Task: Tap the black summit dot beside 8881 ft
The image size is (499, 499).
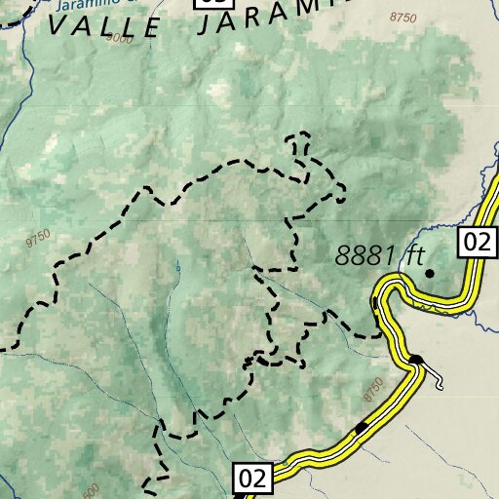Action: pos(429,274)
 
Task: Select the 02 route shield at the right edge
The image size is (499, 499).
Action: pos(477,242)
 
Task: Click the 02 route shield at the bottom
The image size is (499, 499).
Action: pos(251,479)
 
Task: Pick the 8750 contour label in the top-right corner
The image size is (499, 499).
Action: pos(402,18)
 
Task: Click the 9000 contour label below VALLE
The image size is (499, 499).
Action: pos(122,38)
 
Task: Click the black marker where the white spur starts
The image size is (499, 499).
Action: pos(416,361)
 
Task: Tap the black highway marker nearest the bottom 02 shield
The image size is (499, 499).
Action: pos(362,427)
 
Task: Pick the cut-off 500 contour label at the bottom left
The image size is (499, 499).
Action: pos(90,489)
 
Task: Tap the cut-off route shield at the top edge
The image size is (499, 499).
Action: pos(214,3)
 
